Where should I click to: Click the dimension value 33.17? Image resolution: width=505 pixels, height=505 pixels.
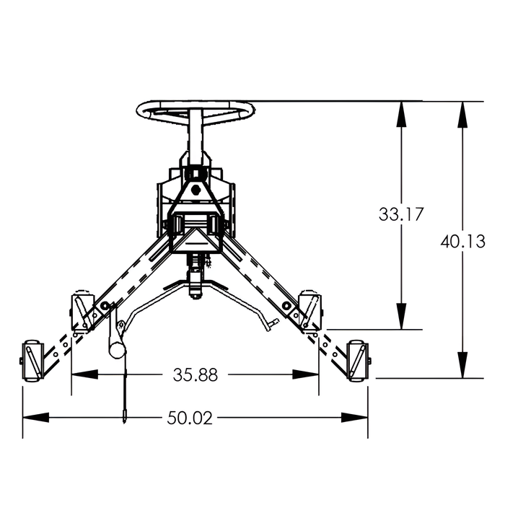coord(400,214)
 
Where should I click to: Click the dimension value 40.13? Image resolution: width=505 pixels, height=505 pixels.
coord(463,241)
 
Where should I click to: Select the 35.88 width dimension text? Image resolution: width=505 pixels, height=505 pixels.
coord(196,375)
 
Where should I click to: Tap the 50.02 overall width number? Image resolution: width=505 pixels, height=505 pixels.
coord(190,418)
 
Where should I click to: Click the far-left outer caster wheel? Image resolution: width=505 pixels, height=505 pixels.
coord(32,361)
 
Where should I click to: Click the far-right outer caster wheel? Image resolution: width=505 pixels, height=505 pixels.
coord(359,361)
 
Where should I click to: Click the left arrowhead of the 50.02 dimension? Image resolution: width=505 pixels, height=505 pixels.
coord(35,418)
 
